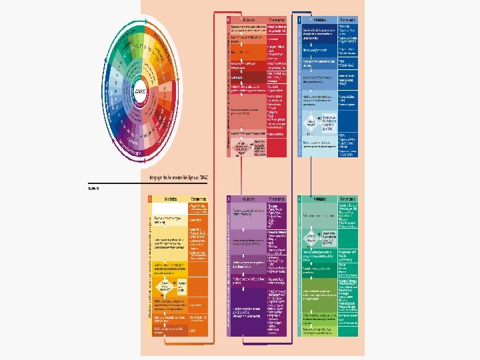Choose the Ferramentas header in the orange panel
[198, 198]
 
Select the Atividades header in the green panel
[319, 198]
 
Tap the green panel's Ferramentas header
[348, 198]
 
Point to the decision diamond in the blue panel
[311, 124]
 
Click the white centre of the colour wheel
[140, 90]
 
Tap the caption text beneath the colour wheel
[179, 177]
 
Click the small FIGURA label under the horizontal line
[93, 189]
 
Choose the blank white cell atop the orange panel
[169, 207]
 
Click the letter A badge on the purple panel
[229, 198]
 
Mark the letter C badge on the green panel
[300, 198]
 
